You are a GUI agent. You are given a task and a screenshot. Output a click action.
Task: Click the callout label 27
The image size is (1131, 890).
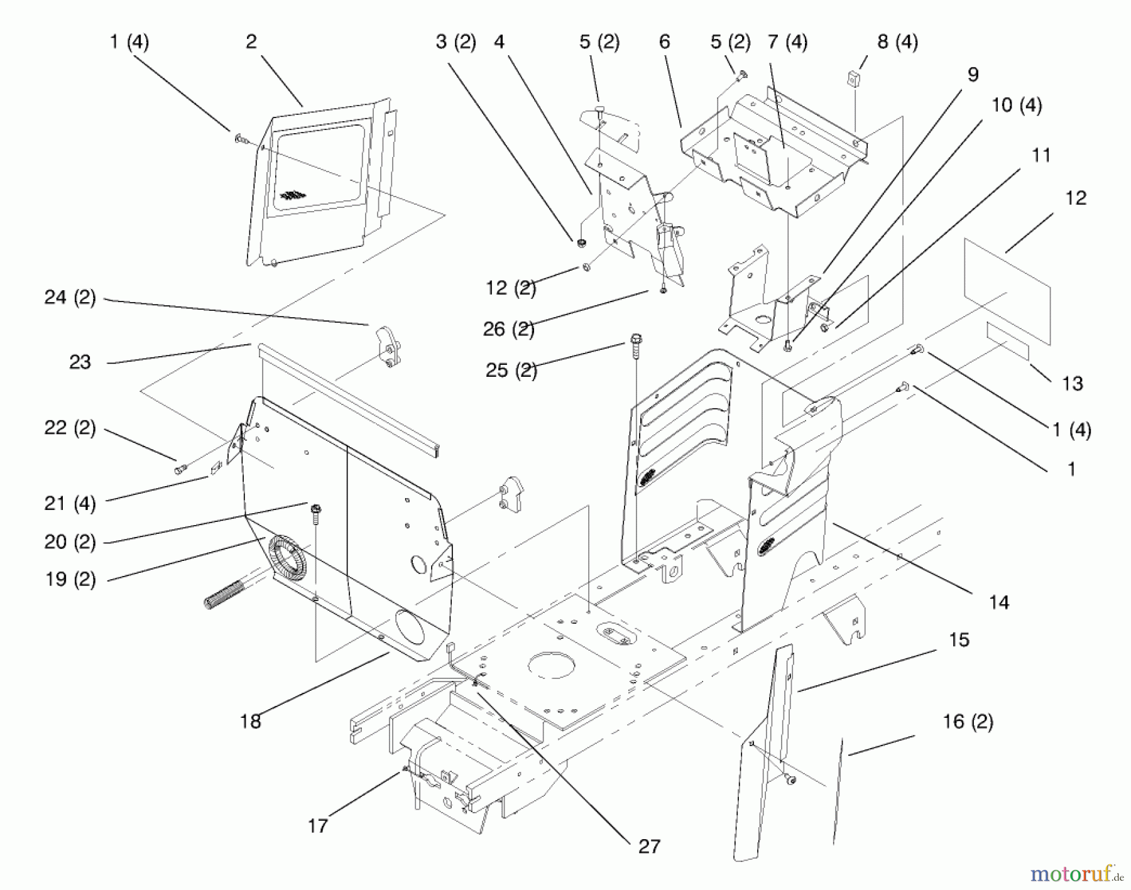(x=649, y=847)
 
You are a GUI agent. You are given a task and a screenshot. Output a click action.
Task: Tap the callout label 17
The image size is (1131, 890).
(x=318, y=825)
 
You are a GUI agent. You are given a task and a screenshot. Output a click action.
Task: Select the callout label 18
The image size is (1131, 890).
(x=250, y=721)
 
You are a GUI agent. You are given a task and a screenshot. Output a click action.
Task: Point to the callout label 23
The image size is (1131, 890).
(x=80, y=362)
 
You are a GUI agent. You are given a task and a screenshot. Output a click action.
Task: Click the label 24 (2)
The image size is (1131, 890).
(x=70, y=297)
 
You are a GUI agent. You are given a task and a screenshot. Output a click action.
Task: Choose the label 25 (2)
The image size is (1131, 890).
(x=511, y=370)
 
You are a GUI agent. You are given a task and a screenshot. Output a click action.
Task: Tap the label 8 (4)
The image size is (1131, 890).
(x=897, y=42)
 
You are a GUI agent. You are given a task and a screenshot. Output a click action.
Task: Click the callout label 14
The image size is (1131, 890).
(x=998, y=602)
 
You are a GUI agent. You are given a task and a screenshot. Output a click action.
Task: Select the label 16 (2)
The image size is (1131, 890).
(x=968, y=722)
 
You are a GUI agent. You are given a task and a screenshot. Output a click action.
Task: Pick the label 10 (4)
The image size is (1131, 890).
(x=1016, y=105)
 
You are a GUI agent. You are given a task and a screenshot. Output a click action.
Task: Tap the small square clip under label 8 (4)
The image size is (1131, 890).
(x=853, y=80)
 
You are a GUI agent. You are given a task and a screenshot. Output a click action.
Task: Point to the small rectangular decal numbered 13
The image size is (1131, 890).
(x=1007, y=342)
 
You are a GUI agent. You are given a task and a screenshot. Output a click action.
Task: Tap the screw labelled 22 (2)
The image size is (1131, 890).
(x=180, y=468)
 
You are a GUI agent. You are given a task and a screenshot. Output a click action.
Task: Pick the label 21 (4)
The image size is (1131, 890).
(x=70, y=503)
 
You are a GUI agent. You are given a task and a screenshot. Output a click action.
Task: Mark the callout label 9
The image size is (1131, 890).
(x=973, y=75)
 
